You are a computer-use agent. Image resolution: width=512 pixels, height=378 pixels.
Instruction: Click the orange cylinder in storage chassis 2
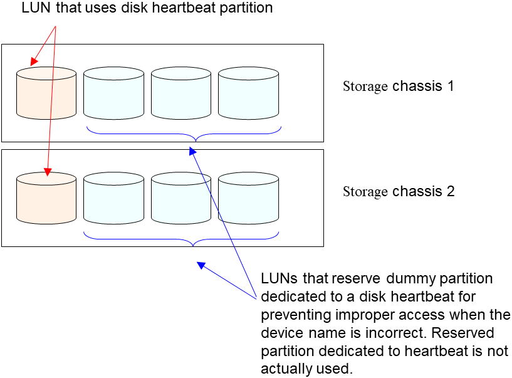(46, 199)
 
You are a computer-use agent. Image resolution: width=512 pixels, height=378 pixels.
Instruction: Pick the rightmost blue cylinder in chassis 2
(248, 199)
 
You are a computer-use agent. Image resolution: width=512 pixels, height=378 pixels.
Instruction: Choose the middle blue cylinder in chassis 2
(181, 199)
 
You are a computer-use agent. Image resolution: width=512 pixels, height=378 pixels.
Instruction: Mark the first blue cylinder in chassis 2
(113, 199)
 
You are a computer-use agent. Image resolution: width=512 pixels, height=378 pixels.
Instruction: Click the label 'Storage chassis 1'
(398, 86)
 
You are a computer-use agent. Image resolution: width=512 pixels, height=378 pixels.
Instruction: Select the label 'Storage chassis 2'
(398, 191)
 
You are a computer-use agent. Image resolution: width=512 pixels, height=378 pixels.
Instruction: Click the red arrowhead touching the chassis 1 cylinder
(34, 62)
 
